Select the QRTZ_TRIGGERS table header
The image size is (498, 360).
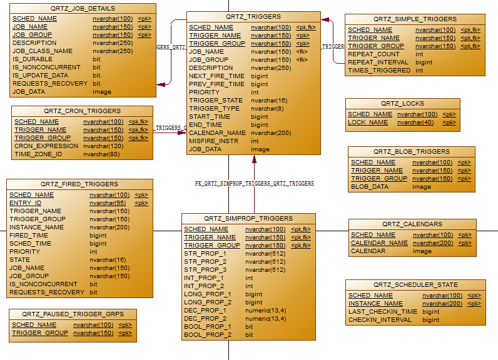pos(253,16)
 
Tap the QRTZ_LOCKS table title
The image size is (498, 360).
pos(402,104)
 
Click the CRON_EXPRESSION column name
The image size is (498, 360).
pos(46,146)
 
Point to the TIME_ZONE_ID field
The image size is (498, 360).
pos(38,154)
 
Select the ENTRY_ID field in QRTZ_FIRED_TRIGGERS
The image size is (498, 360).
pos(26,203)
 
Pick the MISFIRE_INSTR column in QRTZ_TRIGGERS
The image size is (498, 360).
pos(213,141)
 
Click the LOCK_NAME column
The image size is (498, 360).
pos(368,122)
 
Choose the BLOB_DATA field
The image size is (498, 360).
pos(370,186)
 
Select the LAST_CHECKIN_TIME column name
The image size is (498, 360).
pos(383,311)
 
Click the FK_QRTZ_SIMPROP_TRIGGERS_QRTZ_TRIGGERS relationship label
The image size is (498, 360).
pos(254,184)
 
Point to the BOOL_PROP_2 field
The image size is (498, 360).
pos(208,334)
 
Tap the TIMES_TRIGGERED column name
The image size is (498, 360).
pos(379,71)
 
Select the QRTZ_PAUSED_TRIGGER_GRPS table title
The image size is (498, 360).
pos(73,314)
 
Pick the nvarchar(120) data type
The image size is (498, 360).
pos(103,146)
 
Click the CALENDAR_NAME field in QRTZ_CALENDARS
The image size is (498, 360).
pos(379,243)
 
